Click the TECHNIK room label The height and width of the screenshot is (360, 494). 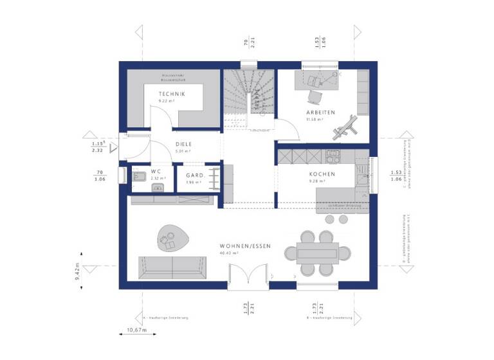[172, 94]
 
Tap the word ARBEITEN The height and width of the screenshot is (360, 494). [320, 113]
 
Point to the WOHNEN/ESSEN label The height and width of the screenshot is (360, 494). [245, 246]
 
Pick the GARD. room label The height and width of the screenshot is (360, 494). [195, 175]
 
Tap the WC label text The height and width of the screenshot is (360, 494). [156, 172]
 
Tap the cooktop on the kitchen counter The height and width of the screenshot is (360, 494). [333, 156]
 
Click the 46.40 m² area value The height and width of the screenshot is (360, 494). [229, 253]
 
